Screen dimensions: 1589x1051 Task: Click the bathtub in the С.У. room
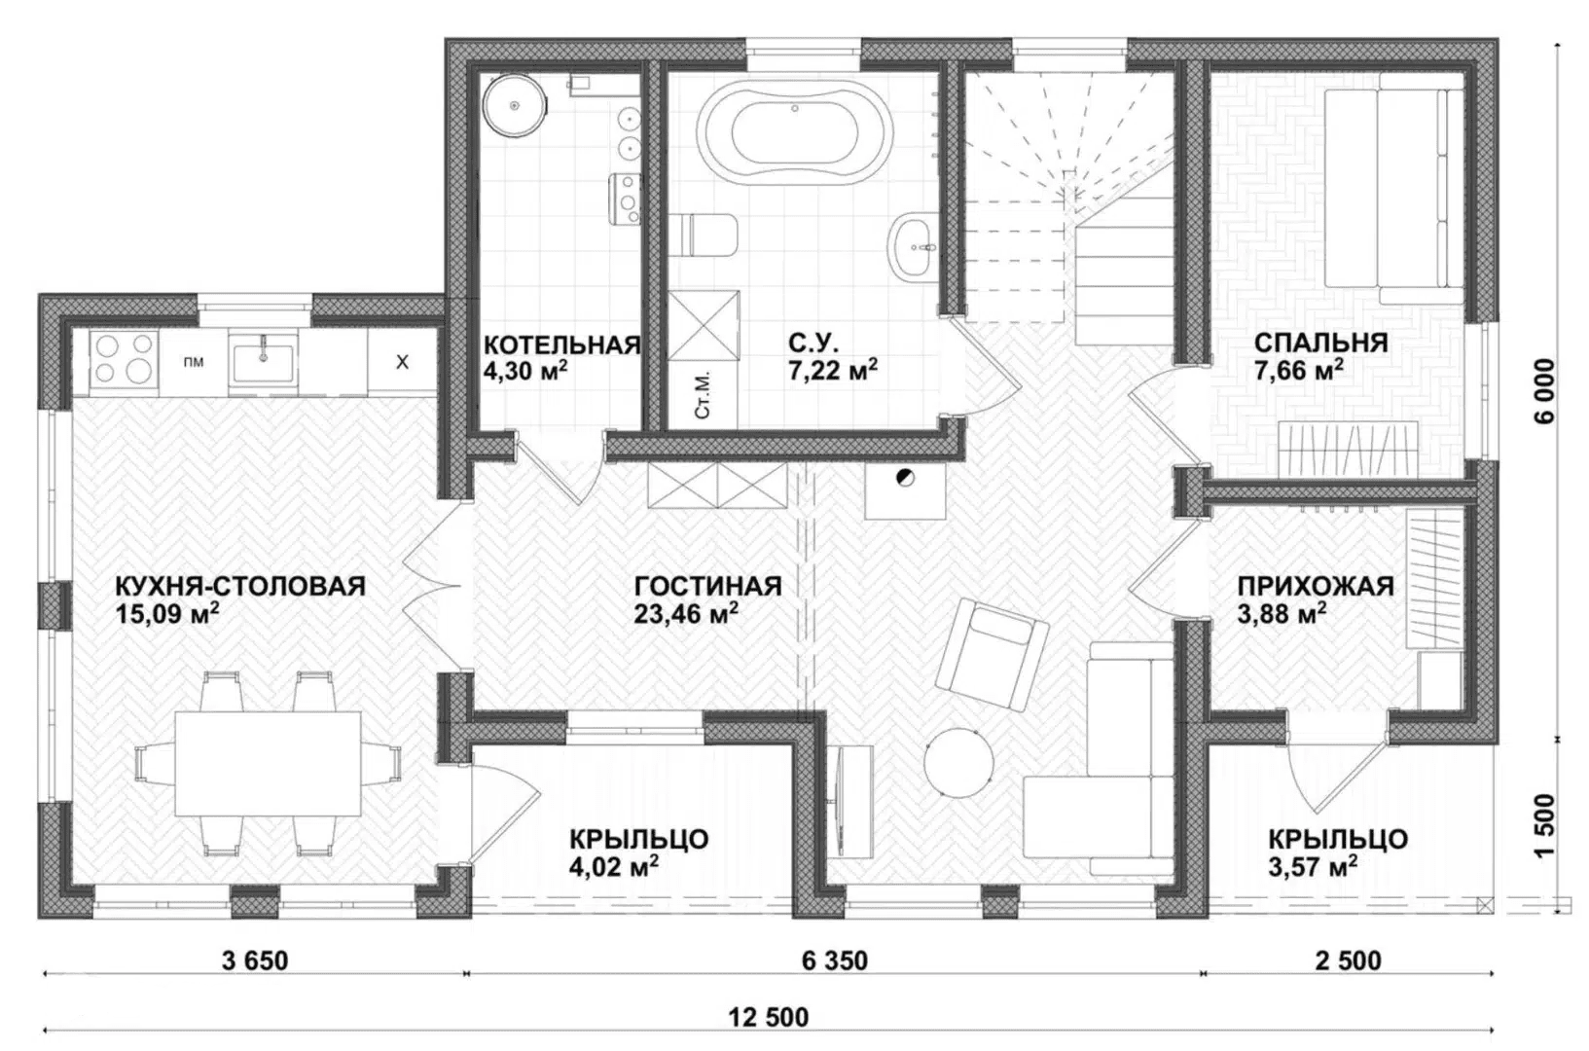[794, 135]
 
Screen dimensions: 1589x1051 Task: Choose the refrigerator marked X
[402, 362]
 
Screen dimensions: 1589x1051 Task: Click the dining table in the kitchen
[267, 764]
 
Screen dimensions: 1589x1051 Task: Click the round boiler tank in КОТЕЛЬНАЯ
[515, 105]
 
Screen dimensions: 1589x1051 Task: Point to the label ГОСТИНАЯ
[708, 586]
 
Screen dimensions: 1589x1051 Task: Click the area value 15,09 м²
[166, 613]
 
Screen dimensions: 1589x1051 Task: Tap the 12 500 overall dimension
[769, 1017]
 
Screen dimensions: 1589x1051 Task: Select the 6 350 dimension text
[834, 960]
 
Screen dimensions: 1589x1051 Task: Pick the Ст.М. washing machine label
[705, 402]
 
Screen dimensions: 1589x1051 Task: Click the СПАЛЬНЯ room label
[1320, 343]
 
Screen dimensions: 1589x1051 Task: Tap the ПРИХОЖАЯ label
[1316, 586]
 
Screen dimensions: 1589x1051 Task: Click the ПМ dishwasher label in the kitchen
[194, 362]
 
